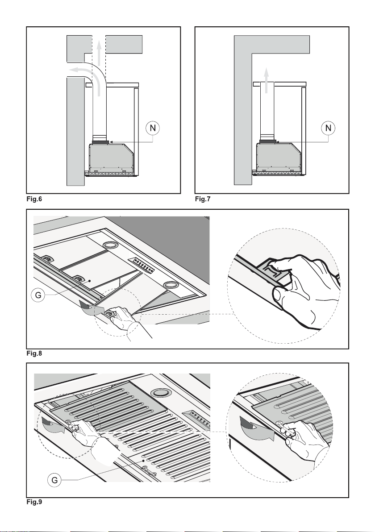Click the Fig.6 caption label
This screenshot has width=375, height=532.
[34, 199]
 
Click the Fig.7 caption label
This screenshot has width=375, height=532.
[203, 199]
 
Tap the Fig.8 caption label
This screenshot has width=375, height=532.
[34, 353]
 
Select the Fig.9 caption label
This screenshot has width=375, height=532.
[34, 502]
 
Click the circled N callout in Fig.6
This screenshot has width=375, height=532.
[153, 128]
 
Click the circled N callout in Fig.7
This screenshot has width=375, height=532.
[328, 128]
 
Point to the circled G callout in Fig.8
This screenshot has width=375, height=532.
[38, 295]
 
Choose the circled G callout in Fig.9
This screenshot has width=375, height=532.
[54, 480]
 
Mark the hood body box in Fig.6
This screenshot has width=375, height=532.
[111, 156]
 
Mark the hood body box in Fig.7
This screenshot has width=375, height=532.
[279, 156]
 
